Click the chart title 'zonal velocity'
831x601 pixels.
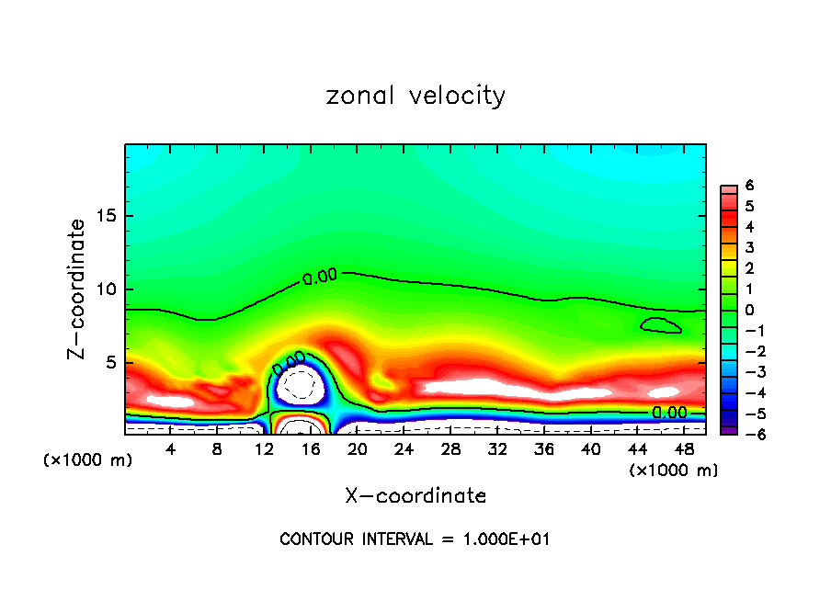pos(415,96)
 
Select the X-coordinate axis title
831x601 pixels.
pos(415,495)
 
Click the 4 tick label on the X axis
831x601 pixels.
pos(170,449)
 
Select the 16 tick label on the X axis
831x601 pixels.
pos(311,449)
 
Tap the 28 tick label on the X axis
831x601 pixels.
pos(450,449)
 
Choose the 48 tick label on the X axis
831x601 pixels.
pos(685,449)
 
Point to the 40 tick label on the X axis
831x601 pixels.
pos(591,449)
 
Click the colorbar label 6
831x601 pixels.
pos(749,186)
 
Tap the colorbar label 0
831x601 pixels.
pos(749,310)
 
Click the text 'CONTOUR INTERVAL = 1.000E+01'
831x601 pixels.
pos(415,539)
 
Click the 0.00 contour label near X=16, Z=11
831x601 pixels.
pos(320,275)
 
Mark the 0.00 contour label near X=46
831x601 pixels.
pos(669,413)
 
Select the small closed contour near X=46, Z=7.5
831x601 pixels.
pos(662,324)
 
